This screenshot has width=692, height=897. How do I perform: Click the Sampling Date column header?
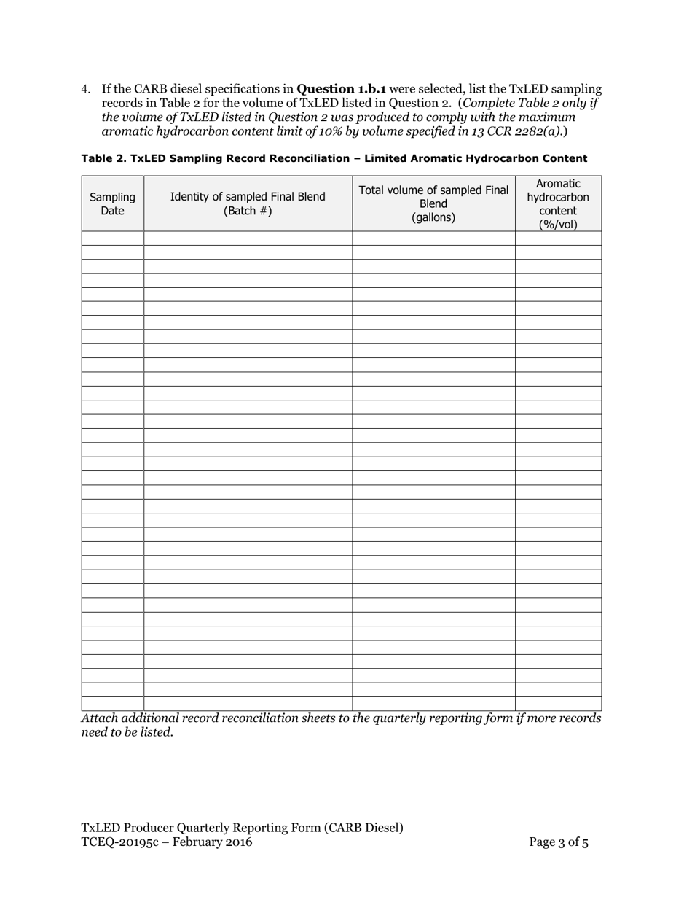112,203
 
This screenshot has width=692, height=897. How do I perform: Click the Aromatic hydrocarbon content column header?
558,203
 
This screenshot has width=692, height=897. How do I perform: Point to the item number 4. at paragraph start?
86,90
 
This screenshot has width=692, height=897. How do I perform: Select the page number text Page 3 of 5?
559,842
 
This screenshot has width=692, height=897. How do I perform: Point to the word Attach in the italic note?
99,718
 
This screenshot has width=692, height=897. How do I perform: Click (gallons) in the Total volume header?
433,217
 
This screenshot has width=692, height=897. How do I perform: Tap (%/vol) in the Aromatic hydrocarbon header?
558,225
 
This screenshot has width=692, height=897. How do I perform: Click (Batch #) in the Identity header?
248,211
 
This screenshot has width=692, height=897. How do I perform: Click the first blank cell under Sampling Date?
112,238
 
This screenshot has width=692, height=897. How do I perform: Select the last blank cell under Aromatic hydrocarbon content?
558,704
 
